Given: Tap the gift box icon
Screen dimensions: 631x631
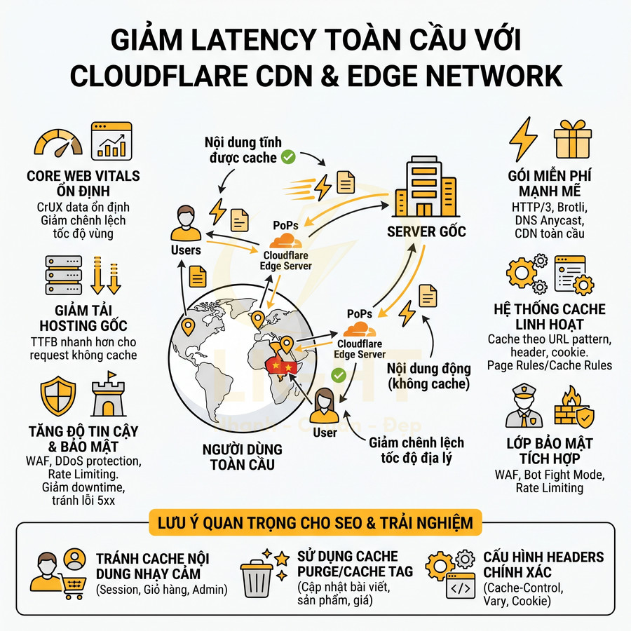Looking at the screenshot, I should pyautogui.click(x=573, y=140).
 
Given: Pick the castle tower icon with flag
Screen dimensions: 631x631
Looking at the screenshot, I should pyautogui.click(x=109, y=398).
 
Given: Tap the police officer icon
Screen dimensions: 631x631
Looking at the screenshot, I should pyautogui.click(x=524, y=407).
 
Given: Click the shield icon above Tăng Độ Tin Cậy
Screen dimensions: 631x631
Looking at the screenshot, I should pyautogui.click(x=59, y=398).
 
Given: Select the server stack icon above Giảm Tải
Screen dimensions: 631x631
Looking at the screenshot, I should pyautogui.click(x=59, y=275).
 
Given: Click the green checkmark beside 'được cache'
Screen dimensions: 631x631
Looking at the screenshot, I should pyautogui.click(x=287, y=158).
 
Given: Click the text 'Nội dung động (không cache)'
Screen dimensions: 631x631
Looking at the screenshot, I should pyautogui.click(x=428, y=376).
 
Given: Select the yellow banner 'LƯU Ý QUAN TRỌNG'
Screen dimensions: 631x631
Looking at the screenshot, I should pyautogui.click(x=315, y=522).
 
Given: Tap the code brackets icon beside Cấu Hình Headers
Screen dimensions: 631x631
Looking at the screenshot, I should pyautogui.click(x=462, y=588).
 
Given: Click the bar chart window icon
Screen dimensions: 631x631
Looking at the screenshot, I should pyautogui.click(x=111, y=140).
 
